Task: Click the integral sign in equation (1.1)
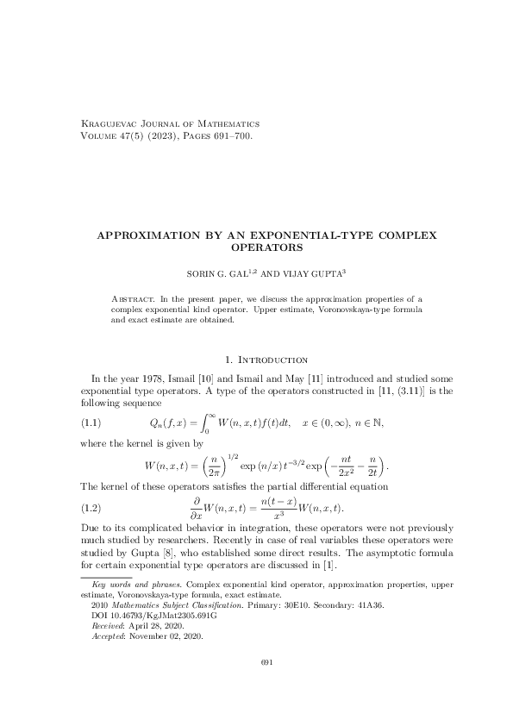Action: [205, 422]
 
